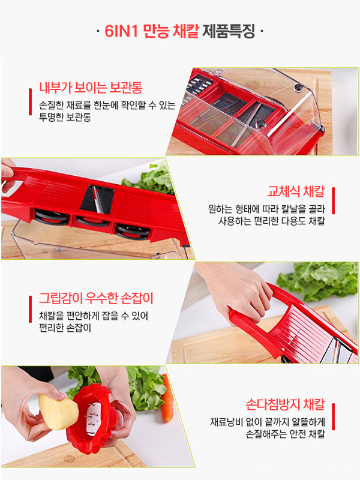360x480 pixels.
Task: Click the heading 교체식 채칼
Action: [296, 192]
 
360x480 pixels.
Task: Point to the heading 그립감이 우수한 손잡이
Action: [95, 298]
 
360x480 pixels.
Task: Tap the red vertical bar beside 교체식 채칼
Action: [333, 200]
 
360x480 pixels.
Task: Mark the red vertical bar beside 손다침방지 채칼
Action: [333, 416]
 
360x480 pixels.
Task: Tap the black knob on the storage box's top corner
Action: [298, 88]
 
